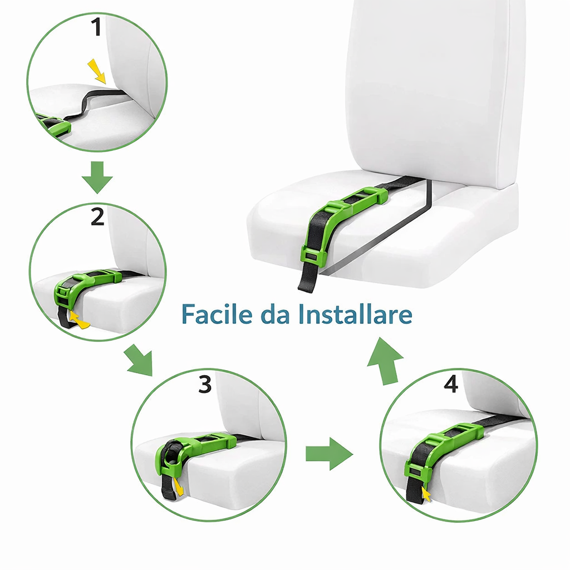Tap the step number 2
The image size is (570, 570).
click(97, 217)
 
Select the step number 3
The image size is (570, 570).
click(205, 384)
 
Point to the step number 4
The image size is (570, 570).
click(451, 384)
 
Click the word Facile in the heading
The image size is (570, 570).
click(217, 314)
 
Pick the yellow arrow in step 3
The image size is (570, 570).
click(178, 487)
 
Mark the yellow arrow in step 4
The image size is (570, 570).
click(426, 494)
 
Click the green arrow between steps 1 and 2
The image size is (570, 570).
click(97, 177)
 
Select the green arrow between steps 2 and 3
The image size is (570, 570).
click(139, 361)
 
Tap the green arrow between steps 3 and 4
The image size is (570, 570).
click(329, 454)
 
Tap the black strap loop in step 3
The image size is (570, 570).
click(171, 454)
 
